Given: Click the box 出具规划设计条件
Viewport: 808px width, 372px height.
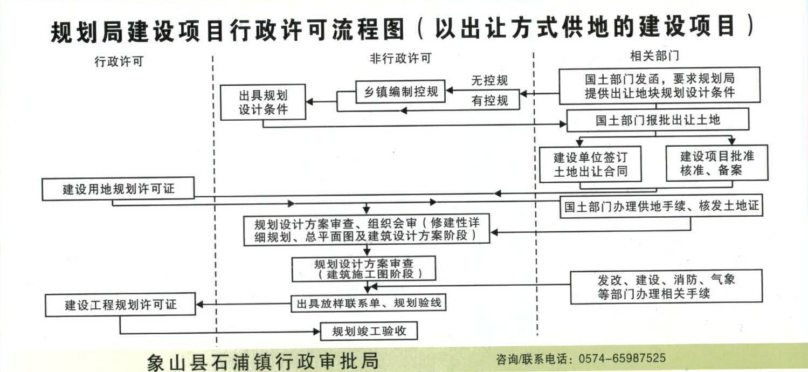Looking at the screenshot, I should tap(263, 102).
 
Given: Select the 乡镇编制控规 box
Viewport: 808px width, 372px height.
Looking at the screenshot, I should tap(399, 92).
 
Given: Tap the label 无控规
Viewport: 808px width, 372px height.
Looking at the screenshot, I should tap(489, 81).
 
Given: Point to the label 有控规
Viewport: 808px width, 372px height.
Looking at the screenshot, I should tap(489, 100).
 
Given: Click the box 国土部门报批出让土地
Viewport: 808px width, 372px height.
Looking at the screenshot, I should tap(657, 120).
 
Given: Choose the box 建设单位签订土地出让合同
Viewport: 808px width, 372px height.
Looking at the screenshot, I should tap(591, 165).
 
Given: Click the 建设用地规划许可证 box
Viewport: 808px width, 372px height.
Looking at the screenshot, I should tap(119, 190).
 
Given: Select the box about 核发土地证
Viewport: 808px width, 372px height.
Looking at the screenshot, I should tap(662, 206).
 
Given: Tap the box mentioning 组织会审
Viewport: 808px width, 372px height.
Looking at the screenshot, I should tap(366, 230).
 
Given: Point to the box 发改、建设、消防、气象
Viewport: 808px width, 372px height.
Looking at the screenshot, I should tap(667, 286).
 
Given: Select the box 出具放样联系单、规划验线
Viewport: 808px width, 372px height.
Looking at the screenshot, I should tap(369, 303).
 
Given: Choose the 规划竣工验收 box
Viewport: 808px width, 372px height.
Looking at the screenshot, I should tap(369, 331).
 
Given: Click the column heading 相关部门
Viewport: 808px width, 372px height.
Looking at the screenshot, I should tap(654, 56).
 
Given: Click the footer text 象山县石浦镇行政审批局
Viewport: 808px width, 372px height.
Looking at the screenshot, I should tap(263, 361).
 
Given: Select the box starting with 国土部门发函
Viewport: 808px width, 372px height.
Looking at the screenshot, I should tap(660, 85).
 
